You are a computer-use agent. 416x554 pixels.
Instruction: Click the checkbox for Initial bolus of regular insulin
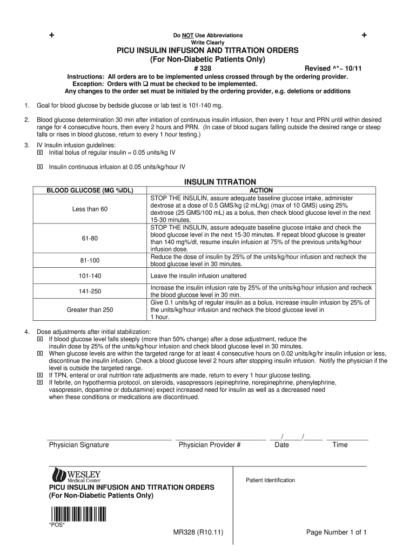39,153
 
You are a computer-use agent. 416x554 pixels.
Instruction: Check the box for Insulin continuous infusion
39,167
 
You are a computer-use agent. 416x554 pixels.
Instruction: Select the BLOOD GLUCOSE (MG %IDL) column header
90,190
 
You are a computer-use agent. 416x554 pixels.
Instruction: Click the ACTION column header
261,190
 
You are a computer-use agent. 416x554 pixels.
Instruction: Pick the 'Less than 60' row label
90,209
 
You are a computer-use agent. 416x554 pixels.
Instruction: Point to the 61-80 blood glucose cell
90,239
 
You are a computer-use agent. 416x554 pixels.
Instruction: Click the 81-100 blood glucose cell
90,261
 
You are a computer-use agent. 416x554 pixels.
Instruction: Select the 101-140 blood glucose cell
90,276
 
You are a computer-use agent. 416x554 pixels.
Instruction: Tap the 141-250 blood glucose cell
90,291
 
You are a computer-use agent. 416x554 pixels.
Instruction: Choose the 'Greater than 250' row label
90,310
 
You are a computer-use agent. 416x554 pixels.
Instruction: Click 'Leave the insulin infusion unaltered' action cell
199,276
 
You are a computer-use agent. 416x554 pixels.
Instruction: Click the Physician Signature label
79,445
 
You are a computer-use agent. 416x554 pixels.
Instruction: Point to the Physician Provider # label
210,445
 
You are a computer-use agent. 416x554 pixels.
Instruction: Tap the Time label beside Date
340,445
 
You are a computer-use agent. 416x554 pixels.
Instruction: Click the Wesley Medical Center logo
76,476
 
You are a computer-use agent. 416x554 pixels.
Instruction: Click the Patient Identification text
271,480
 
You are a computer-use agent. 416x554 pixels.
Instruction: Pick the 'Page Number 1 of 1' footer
337,532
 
